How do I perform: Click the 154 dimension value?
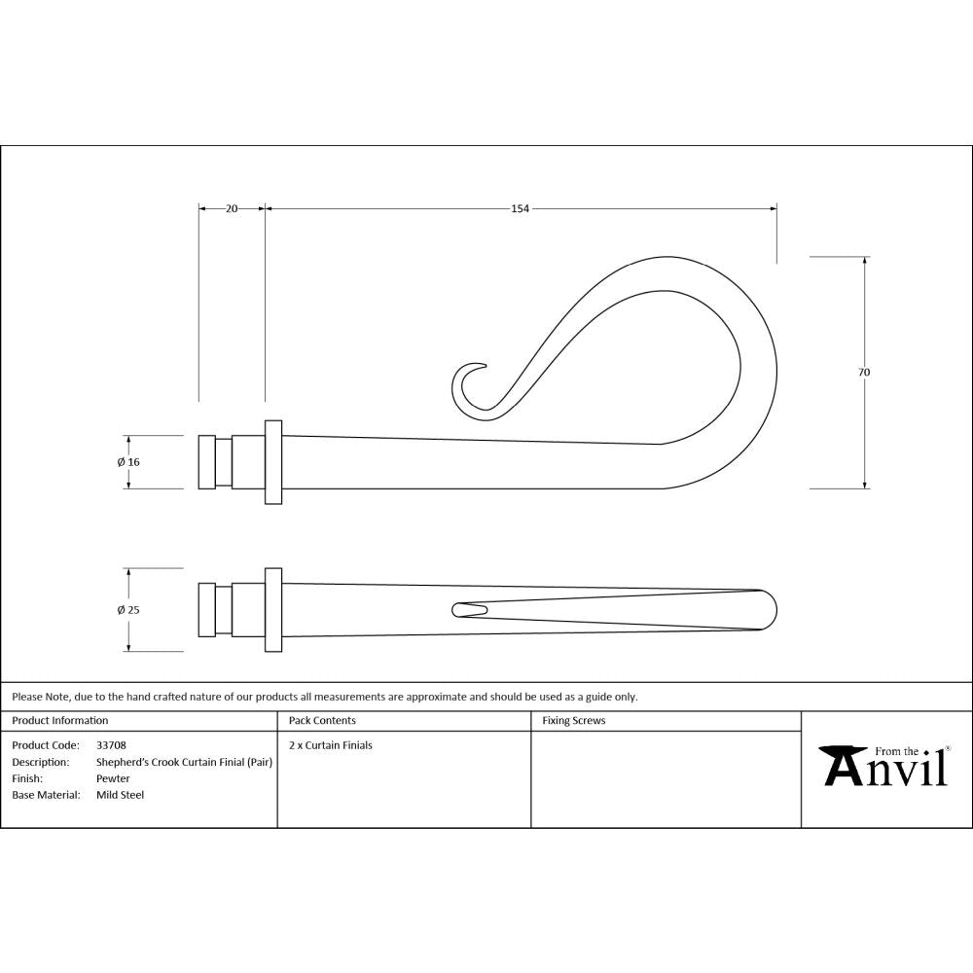click(x=520, y=208)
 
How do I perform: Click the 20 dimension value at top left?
click(x=232, y=208)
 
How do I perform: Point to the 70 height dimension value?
click(x=864, y=372)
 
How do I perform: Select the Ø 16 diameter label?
click(x=128, y=462)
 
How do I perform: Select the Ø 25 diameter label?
click(x=128, y=610)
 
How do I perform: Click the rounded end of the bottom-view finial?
click(x=769, y=610)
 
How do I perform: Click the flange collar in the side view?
click(x=273, y=462)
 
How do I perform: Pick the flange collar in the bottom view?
click(x=273, y=610)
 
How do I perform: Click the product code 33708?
click(x=111, y=745)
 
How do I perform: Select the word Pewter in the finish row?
click(x=113, y=778)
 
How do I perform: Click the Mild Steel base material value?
click(x=120, y=795)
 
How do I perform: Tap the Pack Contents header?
click(x=322, y=721)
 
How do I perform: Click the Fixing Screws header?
click(x=573, y=721)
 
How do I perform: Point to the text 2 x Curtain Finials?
click(x=331, y=745)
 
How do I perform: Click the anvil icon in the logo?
click(x=843, y=765)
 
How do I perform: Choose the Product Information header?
click(x=59, y=721)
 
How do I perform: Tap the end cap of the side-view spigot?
click(x=206, y=462)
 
